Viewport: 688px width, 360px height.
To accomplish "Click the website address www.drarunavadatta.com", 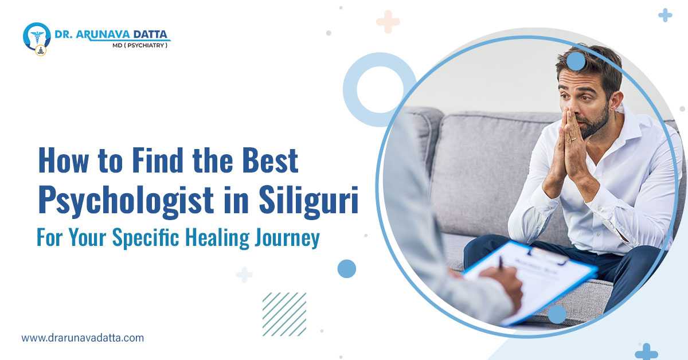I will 83,338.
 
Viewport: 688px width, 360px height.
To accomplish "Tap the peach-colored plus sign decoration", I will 388,21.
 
